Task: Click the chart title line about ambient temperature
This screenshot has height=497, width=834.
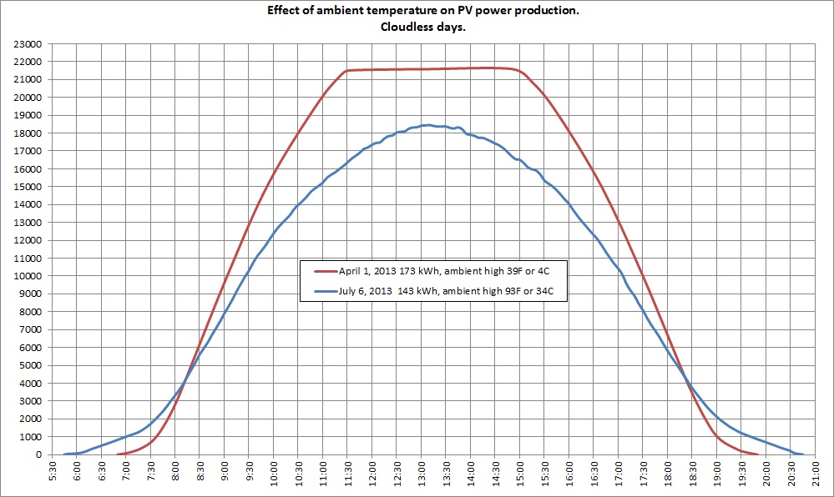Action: point(417,11)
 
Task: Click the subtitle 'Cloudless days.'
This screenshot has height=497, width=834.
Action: point(417,25)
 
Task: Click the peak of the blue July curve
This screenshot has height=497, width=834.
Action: point(427,125)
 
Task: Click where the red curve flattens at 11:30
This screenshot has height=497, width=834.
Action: point(346,71)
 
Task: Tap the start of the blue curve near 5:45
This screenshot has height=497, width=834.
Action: point(64,454)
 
